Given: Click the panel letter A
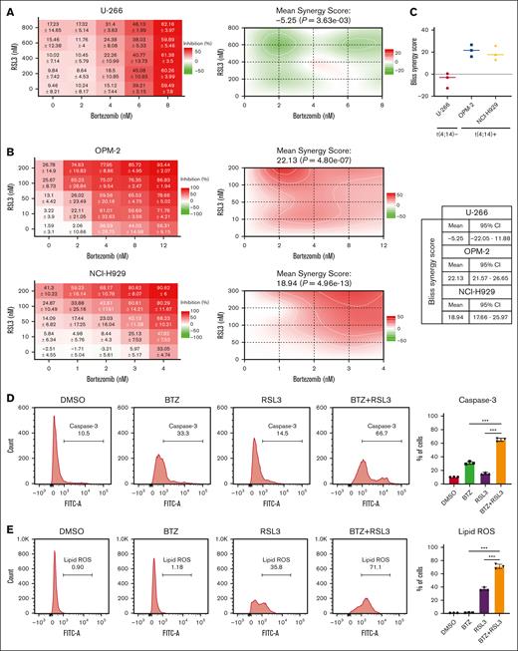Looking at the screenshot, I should point(7,9).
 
